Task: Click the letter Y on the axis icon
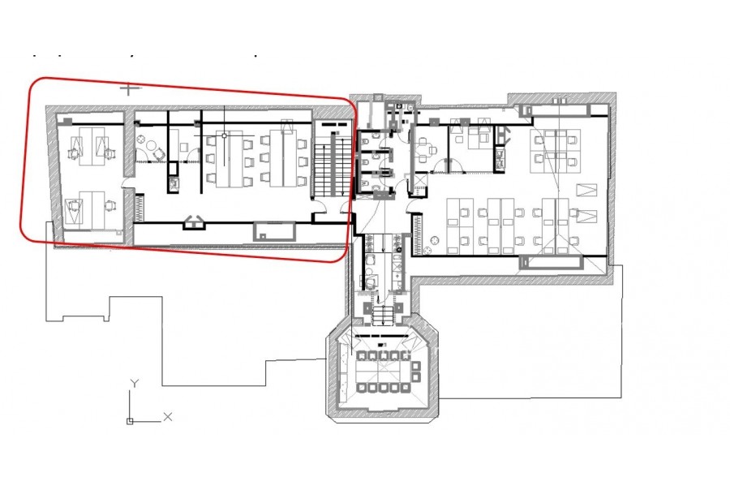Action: (134, 384)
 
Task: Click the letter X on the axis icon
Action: (168, 416)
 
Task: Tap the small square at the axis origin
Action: (130, 421)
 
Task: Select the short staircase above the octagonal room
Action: (383, 315)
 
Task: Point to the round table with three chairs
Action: (152, 146)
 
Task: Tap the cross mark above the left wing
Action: (128, 88)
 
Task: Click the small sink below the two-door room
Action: (174, 183)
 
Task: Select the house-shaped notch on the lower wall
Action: (193, 222)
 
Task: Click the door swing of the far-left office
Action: (127, 183)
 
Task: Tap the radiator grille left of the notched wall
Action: (140, 207)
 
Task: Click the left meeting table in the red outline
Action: (229, 159)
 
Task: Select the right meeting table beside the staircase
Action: (283, 159)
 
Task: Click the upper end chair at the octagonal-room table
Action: (415, 365)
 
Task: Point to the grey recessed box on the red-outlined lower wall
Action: (274, 231)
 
